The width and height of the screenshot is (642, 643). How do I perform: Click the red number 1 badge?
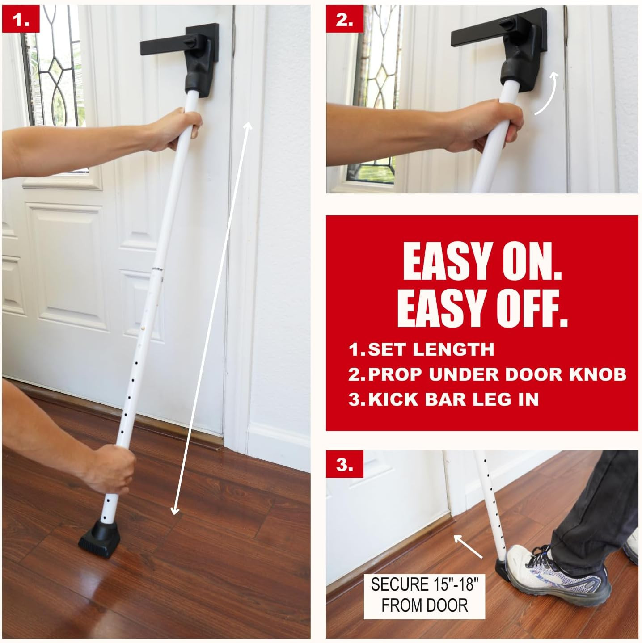coord(21,20)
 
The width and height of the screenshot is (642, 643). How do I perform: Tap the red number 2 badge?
coord(345,20)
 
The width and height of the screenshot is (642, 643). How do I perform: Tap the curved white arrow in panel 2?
coord(548,93)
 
